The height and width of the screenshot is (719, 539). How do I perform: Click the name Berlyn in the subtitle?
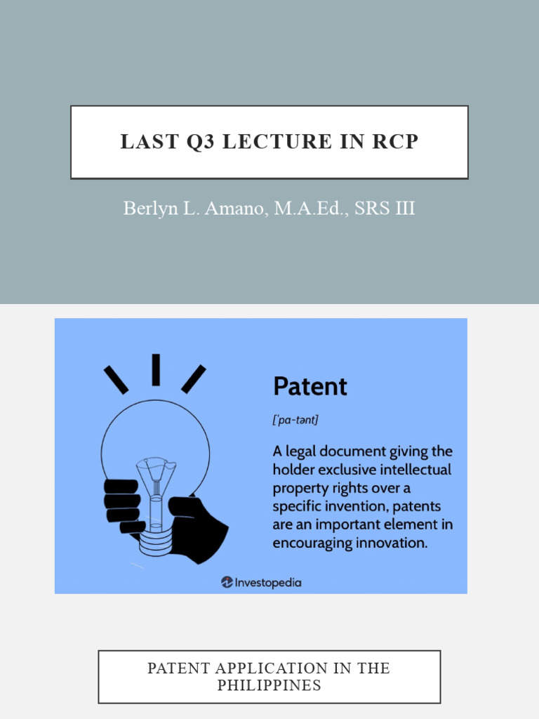(147, 209)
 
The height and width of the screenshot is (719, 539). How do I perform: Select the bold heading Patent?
(310, 386)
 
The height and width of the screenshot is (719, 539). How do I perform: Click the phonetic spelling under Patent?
(295, 421)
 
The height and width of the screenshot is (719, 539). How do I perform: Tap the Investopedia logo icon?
(227, 582)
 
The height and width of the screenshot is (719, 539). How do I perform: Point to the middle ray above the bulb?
(156, 369)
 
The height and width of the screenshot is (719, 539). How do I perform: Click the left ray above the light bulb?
(116, 379)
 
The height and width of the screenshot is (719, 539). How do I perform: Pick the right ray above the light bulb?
(194, 379)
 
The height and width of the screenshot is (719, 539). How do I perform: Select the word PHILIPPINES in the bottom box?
(269, 685)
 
